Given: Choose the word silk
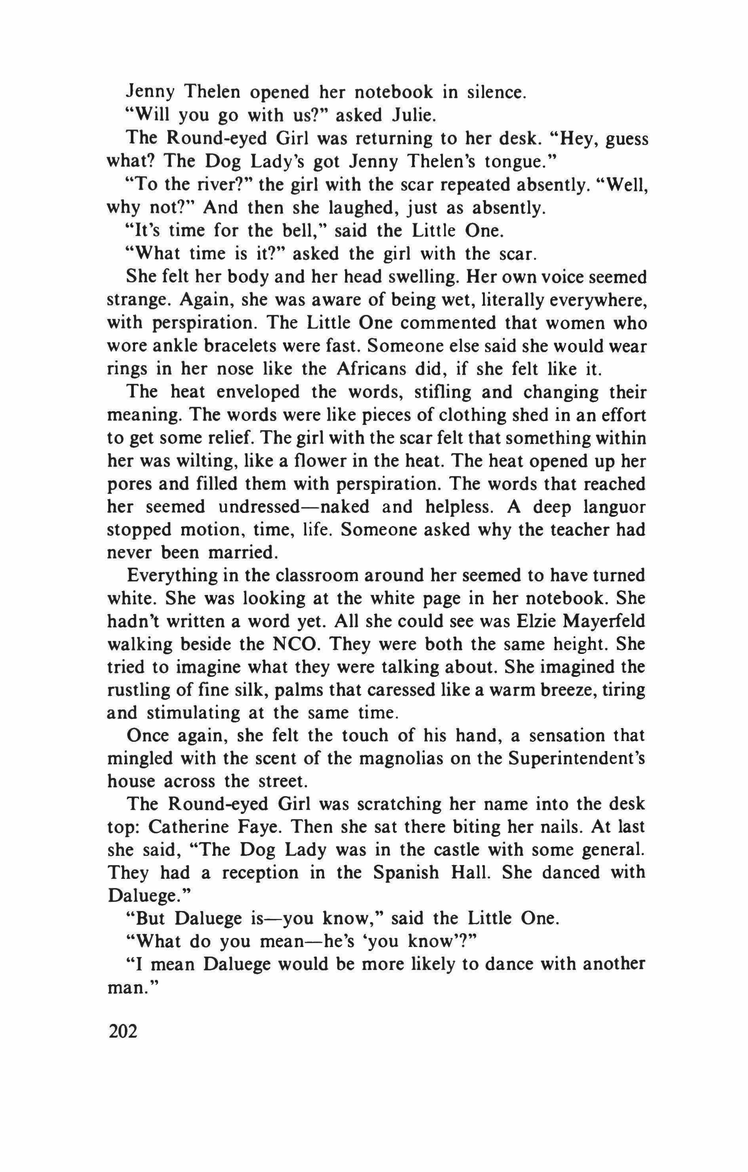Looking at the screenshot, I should [252, 690].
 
